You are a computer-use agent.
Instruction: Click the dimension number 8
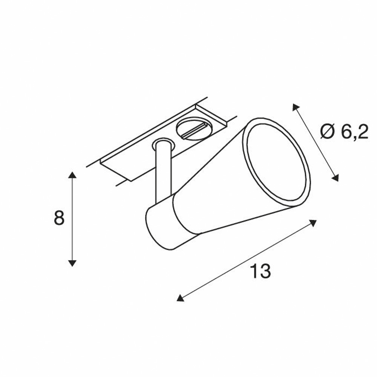(60, 218)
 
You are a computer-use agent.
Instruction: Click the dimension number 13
(261, 271)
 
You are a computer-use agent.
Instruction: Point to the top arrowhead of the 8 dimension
(72, 175)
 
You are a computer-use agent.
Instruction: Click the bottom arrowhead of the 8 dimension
(72, 263)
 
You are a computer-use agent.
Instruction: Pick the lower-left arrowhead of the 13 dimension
(180, 298)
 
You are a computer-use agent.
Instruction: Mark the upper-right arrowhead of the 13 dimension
(313, 223)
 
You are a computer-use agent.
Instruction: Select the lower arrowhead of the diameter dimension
(335, 178)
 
